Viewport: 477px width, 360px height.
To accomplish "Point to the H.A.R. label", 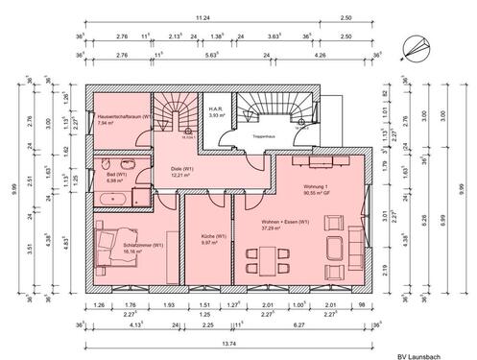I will pyautogui.click(x=217, y=111).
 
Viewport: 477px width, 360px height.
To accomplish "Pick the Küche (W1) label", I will pyautogui.click(x=213, y=236).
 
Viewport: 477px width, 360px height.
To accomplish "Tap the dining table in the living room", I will pyautogui.click(x=264, y=257).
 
